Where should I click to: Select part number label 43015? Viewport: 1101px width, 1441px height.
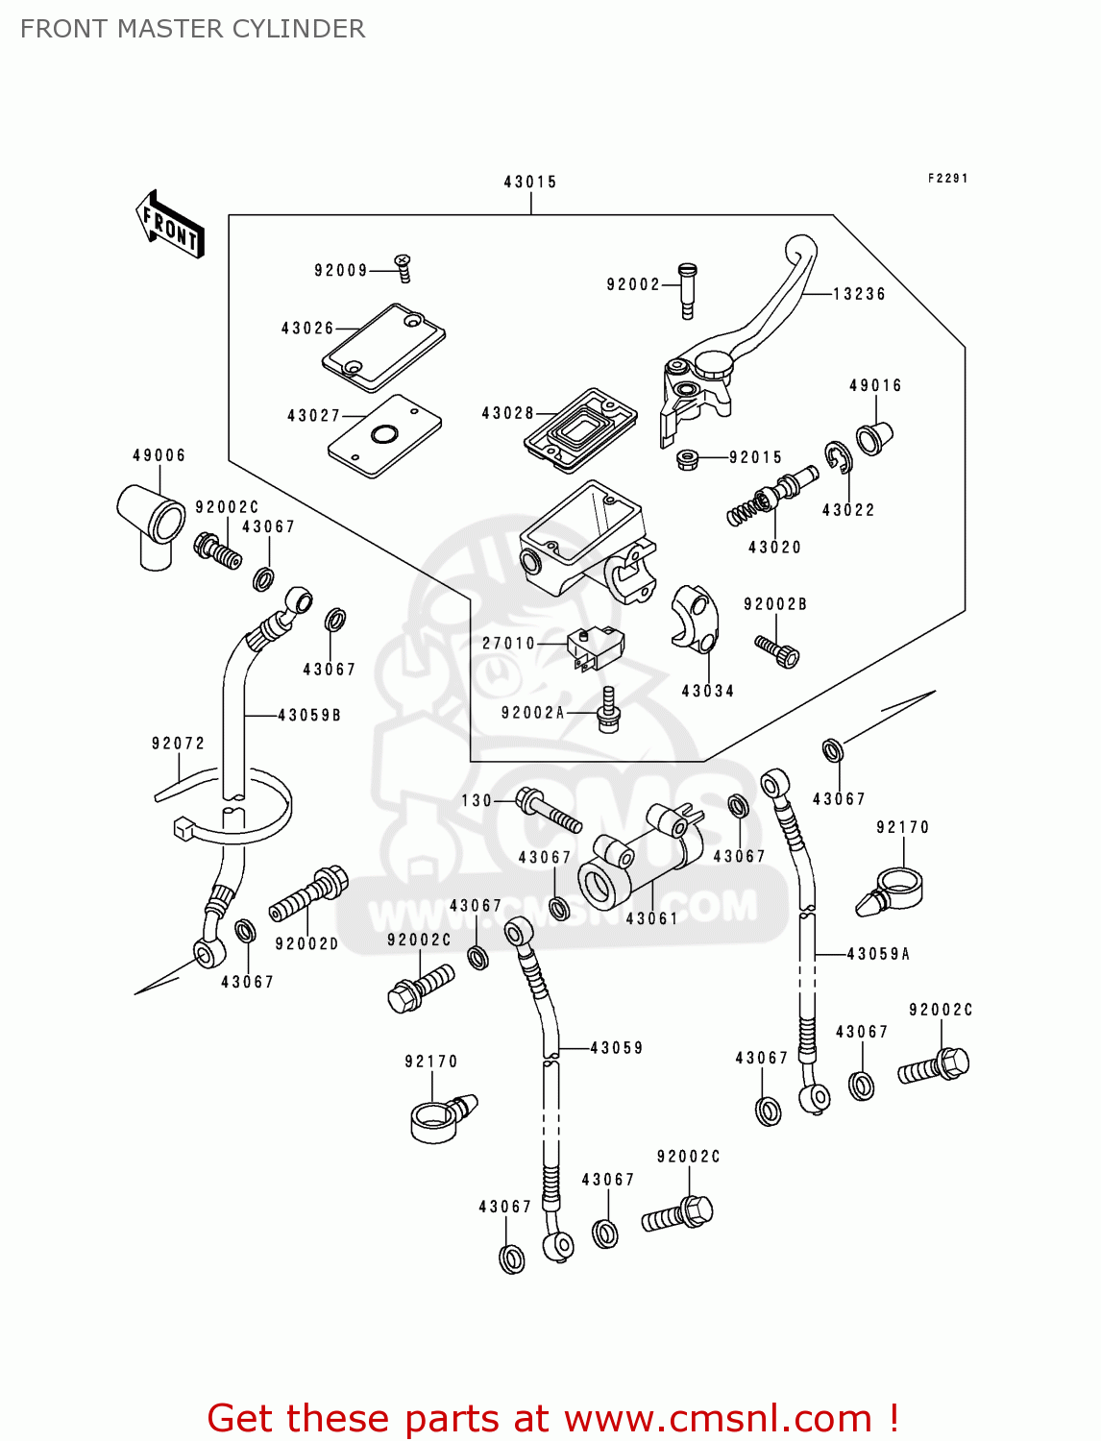coord(530,182)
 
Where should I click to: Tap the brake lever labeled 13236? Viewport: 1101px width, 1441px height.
coord(759,317)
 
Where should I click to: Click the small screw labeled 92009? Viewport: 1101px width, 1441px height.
coord(404,268)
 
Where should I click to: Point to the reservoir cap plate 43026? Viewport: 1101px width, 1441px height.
coord(383,347)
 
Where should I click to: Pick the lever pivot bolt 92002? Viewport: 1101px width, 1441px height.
coord(686,289)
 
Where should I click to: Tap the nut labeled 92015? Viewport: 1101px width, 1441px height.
coord(687,459)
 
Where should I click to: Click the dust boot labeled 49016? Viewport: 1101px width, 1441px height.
coord(874,437)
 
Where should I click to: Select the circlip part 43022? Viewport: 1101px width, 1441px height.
coord(838,458)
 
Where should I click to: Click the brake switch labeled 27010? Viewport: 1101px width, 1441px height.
coord(595,647)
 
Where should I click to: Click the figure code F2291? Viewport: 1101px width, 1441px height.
coord(947,179)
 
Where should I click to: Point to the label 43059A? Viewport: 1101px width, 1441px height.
coord(878,954)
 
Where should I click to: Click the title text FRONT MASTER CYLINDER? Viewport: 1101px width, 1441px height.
coord(192,29)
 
